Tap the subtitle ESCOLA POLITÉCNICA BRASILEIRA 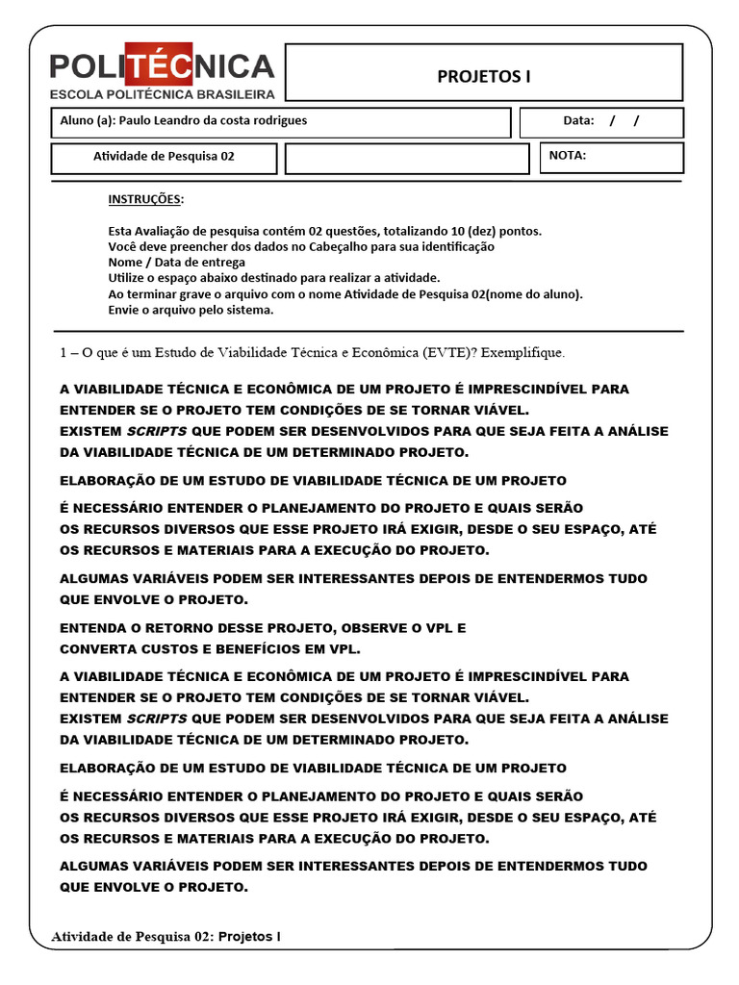[x=163, y=94]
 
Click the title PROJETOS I [x=484, y=77]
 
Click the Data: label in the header [x=579, y=121]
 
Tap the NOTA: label [x=568, y=155]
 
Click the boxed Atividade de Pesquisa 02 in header [x=164, y=156]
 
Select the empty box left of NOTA [x=407, y=159]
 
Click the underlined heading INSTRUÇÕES [x=145, y=199]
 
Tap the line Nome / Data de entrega [x=177, y=262]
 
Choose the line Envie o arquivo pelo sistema [x=191, y=310]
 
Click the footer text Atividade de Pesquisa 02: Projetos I [x=166, y=936]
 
